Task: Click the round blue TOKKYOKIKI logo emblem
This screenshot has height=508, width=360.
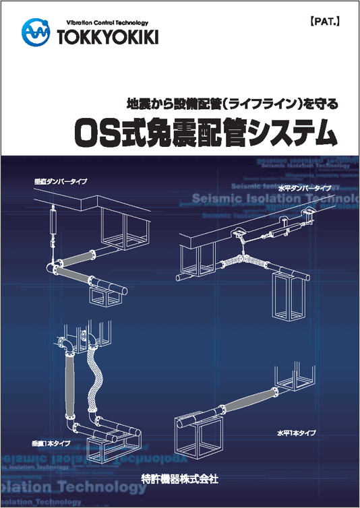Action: pos(35,32)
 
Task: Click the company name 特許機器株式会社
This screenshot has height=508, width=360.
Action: pos(180,479)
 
